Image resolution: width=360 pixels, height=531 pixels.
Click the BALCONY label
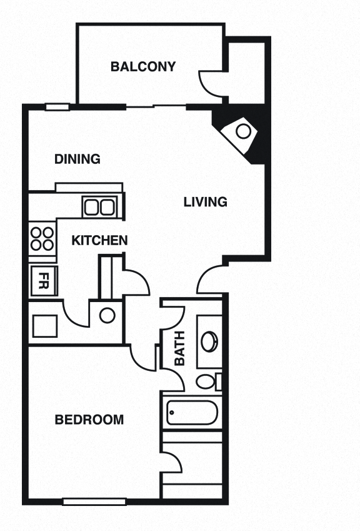(142, 66)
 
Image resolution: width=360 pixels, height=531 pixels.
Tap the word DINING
(77, 159)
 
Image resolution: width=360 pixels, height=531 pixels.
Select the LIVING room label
(205, 202)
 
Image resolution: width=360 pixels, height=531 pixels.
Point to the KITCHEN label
(99, 240)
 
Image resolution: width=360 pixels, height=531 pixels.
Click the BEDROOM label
(89, 420)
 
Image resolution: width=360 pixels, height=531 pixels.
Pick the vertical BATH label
(180, 352)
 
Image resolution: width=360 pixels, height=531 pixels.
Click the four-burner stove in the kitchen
(42, 238)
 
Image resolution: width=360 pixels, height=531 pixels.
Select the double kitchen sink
(100, 206)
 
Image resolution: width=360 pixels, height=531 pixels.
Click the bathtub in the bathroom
(192, 413)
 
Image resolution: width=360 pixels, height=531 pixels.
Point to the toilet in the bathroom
(207, 381)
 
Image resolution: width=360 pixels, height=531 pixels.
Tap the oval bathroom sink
(209, 341)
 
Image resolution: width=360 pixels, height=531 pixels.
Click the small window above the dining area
(57, 107)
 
